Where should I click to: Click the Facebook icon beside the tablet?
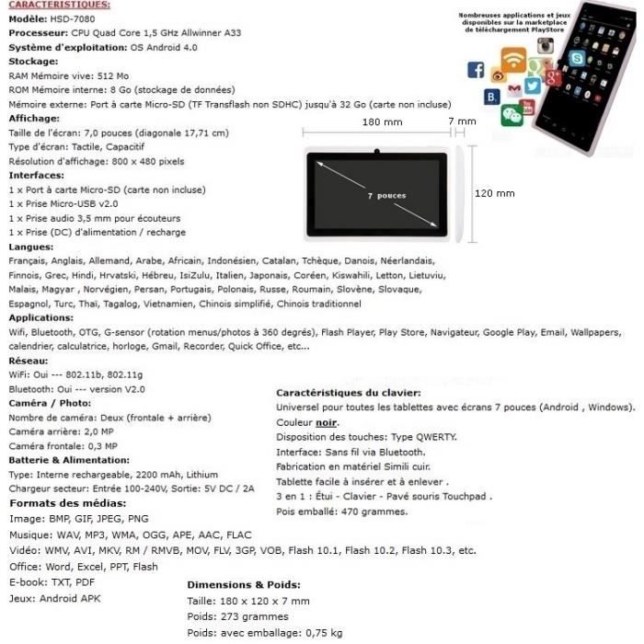(x=476, y=70)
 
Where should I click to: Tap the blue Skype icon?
(x=577, y=58)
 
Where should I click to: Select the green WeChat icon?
(x=512, y=115)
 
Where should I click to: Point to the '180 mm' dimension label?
(x=383, y=121)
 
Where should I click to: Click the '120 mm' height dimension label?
(x=495, y=194)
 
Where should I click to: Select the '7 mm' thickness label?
(x=462, y=121)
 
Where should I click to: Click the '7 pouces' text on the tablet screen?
(x=385, y=196)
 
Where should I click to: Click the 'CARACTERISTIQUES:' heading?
(x=58, y=6)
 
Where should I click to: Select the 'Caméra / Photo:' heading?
(x=51, y=403)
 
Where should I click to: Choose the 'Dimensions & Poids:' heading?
(x=244, y=584)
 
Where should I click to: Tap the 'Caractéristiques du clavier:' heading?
(x=349, y=393)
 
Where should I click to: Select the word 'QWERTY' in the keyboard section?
(x=434, y=437)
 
